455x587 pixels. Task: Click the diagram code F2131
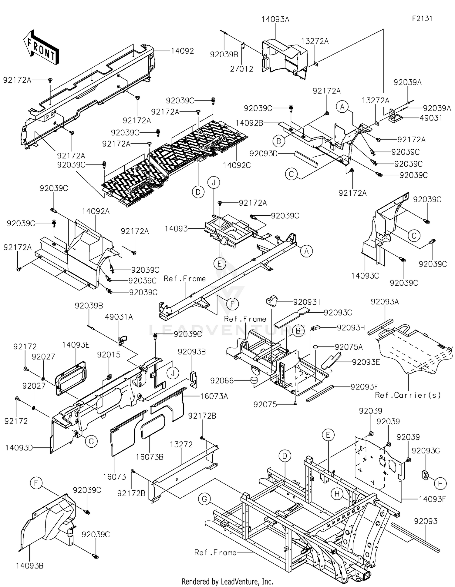click(422, 18)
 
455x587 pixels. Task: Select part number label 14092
click(182, 51)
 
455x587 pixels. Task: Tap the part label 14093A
click(275, 20)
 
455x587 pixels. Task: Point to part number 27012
click(241, 69)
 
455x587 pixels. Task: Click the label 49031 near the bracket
click(431, 118)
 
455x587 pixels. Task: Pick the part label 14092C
click(237, 165)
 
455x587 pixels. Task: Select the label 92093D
click(263, 154)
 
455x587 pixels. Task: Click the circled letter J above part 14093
click(214, 183)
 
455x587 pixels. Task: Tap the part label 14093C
click(365, 276)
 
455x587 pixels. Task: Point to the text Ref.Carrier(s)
click(408, 395)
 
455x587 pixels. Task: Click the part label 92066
click(222, 380)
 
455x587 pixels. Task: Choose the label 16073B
click(150, 457)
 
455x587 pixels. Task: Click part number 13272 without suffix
click(181, 445)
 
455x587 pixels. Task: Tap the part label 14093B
click(29, 565)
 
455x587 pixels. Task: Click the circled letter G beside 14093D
click(91, 442)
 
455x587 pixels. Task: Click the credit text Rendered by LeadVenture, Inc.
click(227, 582)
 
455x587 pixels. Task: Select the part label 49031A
click(119, 317)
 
